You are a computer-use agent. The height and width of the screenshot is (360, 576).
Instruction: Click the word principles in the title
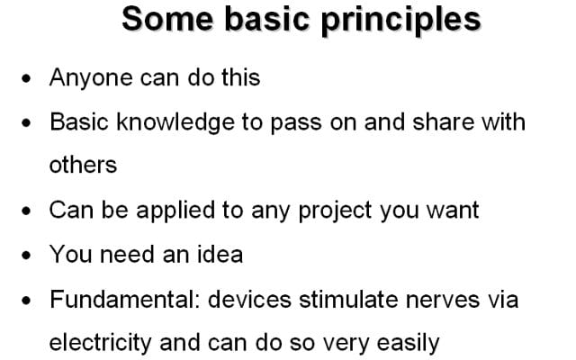(x=400, y=21)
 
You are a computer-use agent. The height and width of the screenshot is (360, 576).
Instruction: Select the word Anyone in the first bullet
(x=91, y=78)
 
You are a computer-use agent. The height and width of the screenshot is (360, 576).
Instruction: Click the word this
(x=240, y=77)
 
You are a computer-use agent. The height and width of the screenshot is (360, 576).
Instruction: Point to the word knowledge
(x=175, y=122)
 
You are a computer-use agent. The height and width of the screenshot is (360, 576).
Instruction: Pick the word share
(x=443, y=121)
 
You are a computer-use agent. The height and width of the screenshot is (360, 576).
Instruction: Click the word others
(x=83, y=165)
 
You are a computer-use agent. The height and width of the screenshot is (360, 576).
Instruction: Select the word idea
(x=220, y=254)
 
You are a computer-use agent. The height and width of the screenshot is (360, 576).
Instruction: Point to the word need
(x=127, y=254)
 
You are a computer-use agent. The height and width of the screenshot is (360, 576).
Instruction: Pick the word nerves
(x=443, y=301)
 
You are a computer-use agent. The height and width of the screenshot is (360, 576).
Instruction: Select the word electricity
(x=100, y=343)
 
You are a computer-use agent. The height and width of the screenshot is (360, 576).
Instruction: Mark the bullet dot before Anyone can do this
(x=26, y=78)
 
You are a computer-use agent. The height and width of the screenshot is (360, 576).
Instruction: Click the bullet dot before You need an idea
(x=26, y=255)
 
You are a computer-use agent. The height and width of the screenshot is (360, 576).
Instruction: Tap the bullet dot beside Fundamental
(x=26, y=300)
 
